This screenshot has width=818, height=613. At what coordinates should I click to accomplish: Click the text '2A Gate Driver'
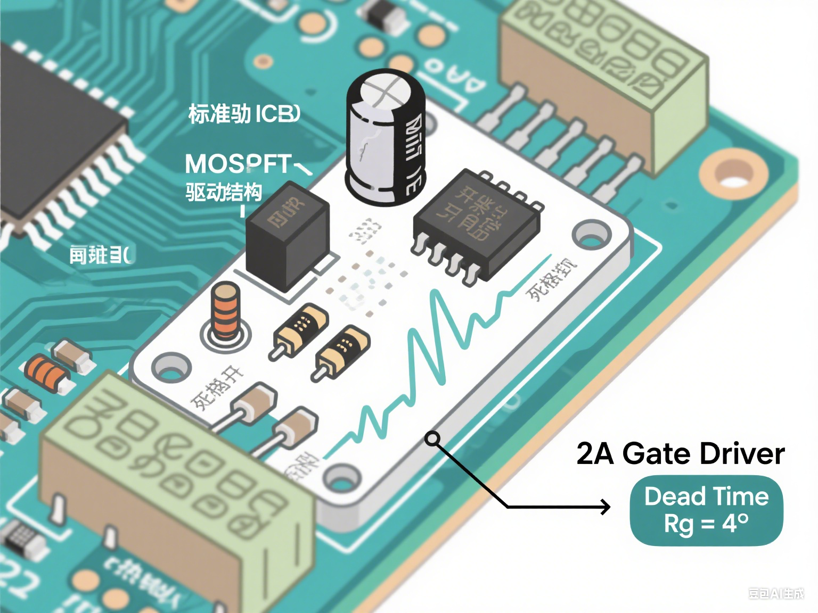(680, 454)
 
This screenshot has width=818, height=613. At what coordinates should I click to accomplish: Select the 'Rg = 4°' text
(706, 524)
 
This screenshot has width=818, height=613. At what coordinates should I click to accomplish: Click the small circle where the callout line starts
(432, 438)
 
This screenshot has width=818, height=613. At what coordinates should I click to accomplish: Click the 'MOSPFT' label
(239, 164)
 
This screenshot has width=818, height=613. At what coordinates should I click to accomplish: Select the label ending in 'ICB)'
(244, 114)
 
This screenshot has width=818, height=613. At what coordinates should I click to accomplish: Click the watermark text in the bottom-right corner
(775, 593)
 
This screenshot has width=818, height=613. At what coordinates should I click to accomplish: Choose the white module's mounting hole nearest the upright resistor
(171, 367)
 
